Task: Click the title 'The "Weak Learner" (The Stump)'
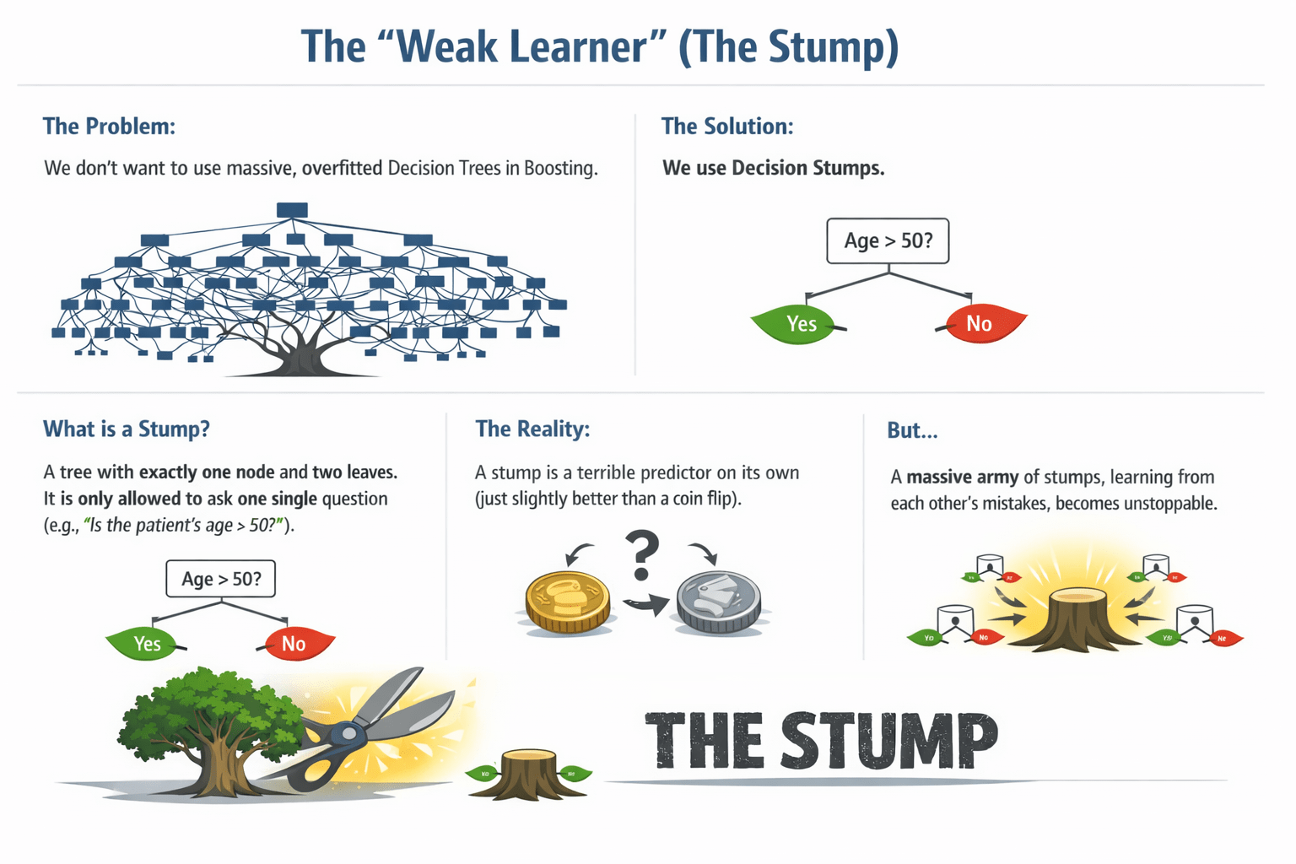point(600,46)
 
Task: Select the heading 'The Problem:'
point(109,127)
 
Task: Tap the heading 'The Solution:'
point(727,127)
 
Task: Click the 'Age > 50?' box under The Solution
point(888,240)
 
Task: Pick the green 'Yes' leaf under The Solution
point(797,324)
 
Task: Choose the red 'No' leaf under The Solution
point(981,323)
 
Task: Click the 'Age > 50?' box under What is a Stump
point(221,579)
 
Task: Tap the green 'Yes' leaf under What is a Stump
point(143,644)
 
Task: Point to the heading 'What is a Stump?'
point(127,429)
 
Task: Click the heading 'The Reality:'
point(532,429)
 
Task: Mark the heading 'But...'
point(912,431)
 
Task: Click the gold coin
point(568,601)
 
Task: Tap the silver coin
point(719,601)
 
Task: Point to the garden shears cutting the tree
point(371,726)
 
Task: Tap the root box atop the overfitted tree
point(292,209)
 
